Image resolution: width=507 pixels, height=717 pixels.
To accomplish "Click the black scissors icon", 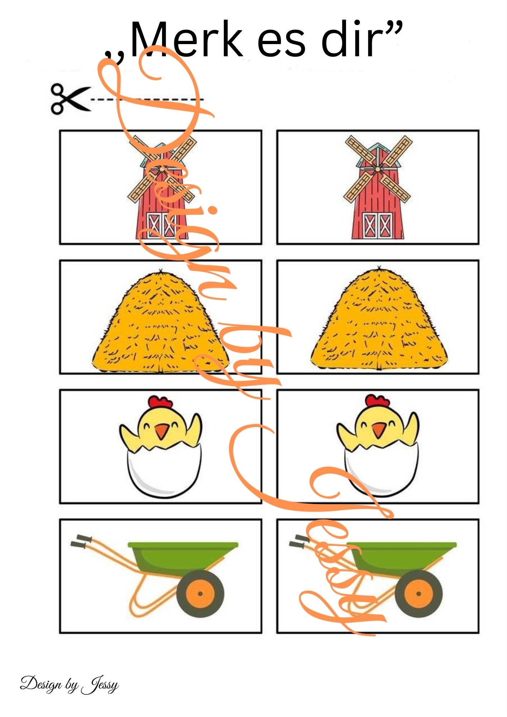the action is tap(70, 99).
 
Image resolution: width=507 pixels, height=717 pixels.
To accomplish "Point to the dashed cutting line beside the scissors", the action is tap(147, 99).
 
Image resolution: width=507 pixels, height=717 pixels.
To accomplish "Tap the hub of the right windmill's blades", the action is tap(377, 168).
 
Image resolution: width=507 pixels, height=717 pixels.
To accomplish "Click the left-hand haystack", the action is tap(160, 320).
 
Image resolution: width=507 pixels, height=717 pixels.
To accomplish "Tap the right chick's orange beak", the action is tap(379, 430).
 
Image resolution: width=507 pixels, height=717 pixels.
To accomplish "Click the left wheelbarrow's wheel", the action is tap(200, 593).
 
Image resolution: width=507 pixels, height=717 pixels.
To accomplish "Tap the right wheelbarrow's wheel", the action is tap(418, 593).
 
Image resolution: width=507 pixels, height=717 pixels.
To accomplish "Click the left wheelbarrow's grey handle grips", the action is tap(81, 542).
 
